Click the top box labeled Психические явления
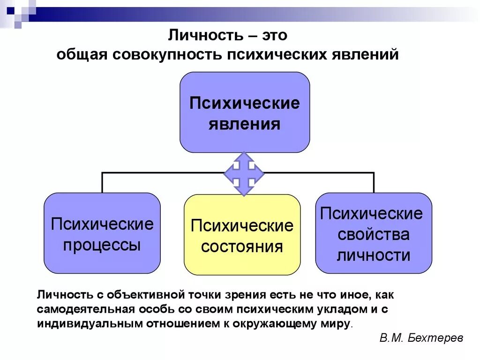coord(244,112)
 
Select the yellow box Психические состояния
coord(242,235)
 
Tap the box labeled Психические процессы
coord(102,233)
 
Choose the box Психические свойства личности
coord(374,233)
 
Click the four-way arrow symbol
coord(244,173)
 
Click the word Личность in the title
coord(203,36)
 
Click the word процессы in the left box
coord(102,245)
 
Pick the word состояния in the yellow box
coord(242,247)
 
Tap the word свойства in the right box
coord(374,234)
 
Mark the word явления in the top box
coord(244,124)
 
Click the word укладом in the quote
coord(340,309)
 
